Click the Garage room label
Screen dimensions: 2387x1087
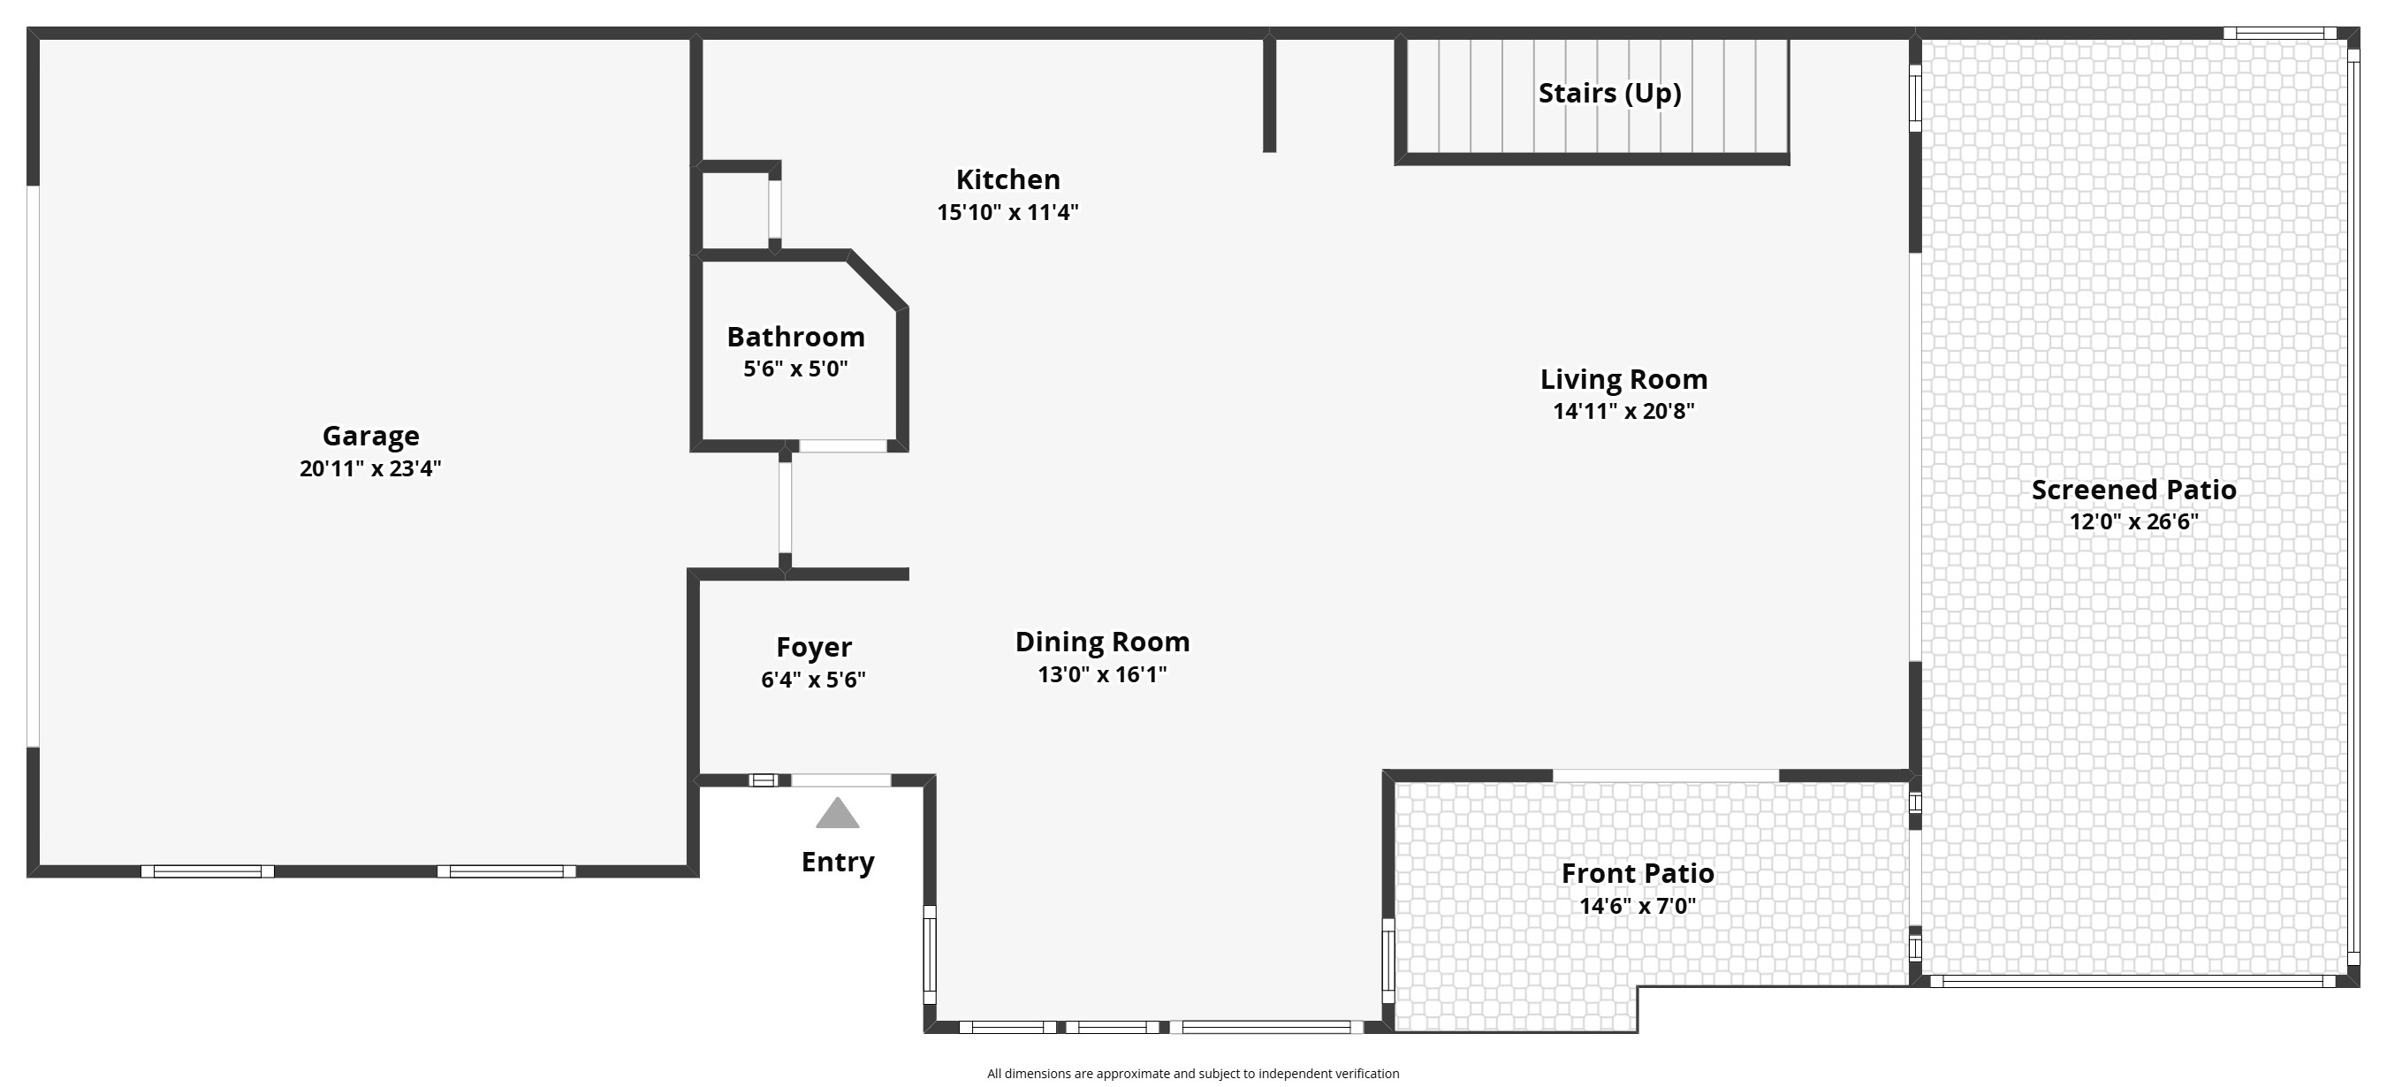coord(370,437)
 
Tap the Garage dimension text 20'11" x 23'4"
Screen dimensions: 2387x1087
coord(370,469)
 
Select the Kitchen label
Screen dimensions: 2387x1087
coord(1008,179)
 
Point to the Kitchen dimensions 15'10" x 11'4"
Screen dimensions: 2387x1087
coord(1008,213)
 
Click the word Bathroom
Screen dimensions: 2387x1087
coord(796,338)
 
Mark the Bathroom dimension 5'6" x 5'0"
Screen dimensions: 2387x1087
coord(796,369)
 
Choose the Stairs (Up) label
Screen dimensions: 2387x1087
coord(1610,94)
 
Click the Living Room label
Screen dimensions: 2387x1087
coord(1624,380)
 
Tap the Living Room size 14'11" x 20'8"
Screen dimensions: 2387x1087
coord(1624,412)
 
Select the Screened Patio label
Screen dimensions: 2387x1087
coord(2134,490)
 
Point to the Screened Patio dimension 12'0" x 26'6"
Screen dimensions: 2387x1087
coord(2134,522)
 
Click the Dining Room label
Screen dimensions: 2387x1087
coord(1103,642)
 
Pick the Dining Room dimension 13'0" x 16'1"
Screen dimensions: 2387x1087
coord(1103,674)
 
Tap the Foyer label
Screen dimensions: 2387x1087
coord(815,648)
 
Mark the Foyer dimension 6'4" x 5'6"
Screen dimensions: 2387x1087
coord(814,680)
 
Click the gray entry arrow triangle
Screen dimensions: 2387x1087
coord(838,814)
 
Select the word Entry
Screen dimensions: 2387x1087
coord(839,863)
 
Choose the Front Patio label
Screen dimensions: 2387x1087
coord(1638,874)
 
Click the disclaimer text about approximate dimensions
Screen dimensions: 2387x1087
coord(1193,1074)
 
